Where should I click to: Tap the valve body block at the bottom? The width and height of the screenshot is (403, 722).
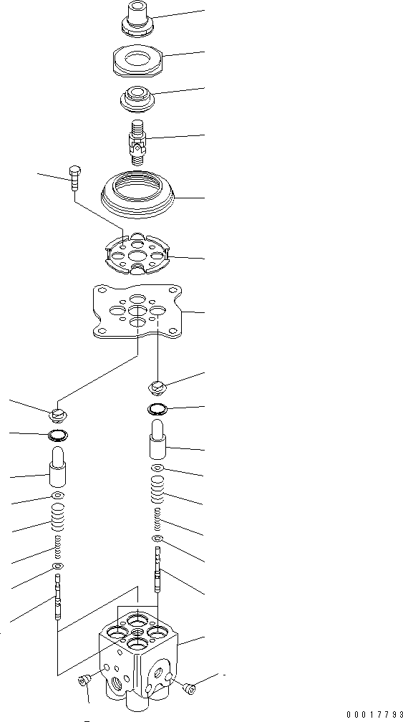[x=137, y=653]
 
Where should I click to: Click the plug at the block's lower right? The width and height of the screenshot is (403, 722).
[x=189, y=688]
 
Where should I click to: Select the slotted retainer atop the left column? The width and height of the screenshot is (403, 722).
[x=59, y=415]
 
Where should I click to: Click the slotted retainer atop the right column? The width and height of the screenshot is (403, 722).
[x=158, y=388]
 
